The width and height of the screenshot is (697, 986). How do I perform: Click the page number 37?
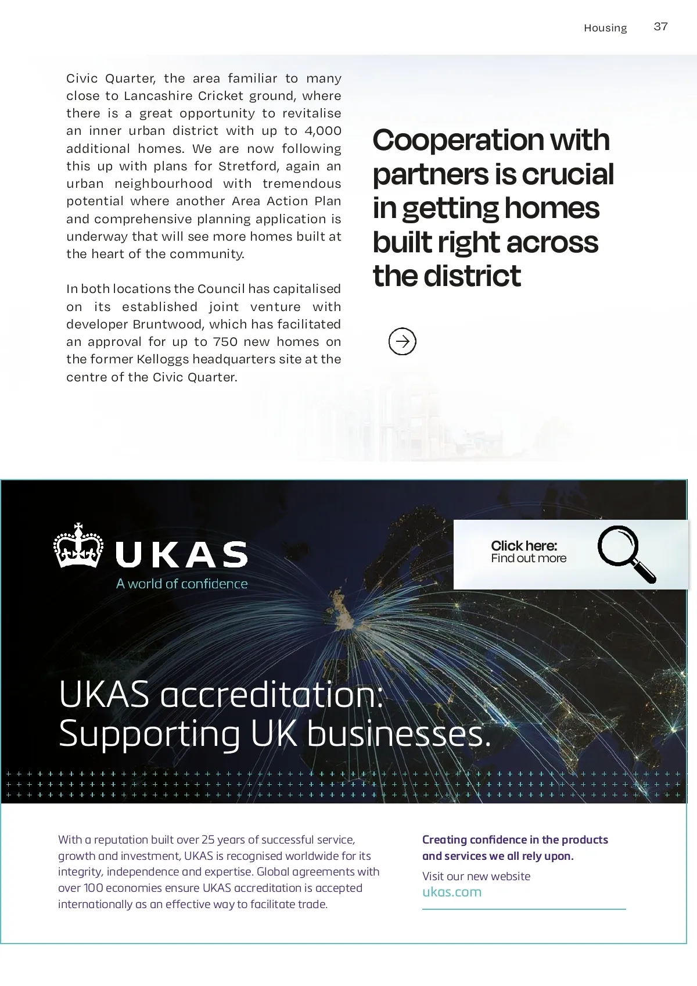660,27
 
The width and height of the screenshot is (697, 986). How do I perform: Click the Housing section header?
605,28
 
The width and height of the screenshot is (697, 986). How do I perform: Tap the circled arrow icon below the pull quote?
402,341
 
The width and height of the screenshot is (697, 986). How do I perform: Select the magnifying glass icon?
625,553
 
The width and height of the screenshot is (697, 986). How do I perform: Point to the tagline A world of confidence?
182,584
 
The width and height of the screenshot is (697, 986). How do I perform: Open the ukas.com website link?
452,892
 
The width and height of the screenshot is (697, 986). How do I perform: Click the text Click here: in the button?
524,545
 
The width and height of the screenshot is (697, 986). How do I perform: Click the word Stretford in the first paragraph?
248,166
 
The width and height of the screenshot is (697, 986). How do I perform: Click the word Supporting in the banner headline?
149,734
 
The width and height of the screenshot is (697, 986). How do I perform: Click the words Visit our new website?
476,876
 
